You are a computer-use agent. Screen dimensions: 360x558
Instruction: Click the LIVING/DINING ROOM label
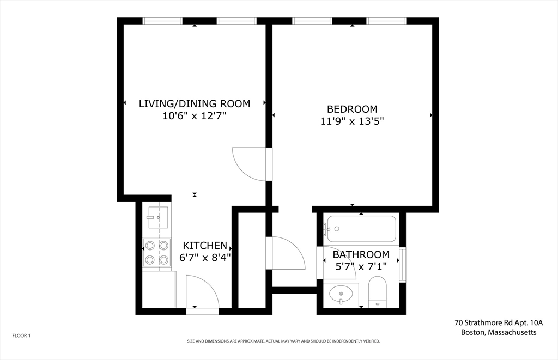[195, 103]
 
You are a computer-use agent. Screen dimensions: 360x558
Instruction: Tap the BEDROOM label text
[352, 109]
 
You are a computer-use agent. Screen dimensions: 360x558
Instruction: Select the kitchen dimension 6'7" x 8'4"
[205, 258]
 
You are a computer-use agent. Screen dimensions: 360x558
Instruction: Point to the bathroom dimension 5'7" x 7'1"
[361, 267]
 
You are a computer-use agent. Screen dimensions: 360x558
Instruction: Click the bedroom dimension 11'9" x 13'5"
[352, 122]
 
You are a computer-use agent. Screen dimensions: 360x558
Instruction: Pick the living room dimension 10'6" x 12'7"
[195, 116]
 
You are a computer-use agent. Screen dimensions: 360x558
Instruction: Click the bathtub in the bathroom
[360, 229]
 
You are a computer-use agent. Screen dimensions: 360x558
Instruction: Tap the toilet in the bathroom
[377, 292]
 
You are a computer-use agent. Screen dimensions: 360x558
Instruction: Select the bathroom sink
[341, 295]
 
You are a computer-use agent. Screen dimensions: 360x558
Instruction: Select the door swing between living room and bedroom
[250, 164]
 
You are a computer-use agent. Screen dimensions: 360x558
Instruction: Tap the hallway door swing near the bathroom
[285, 252]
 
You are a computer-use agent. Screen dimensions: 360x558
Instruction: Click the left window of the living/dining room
[162, 21]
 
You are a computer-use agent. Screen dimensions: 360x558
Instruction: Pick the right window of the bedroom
[386, 21]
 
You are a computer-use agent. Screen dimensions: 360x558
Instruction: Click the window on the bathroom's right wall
[403, 265]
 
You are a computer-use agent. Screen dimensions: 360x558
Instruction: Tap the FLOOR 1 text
[21, 335]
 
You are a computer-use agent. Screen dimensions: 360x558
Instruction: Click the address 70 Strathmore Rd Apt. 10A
[499, 323]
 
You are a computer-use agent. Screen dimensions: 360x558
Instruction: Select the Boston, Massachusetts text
[499, 332]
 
